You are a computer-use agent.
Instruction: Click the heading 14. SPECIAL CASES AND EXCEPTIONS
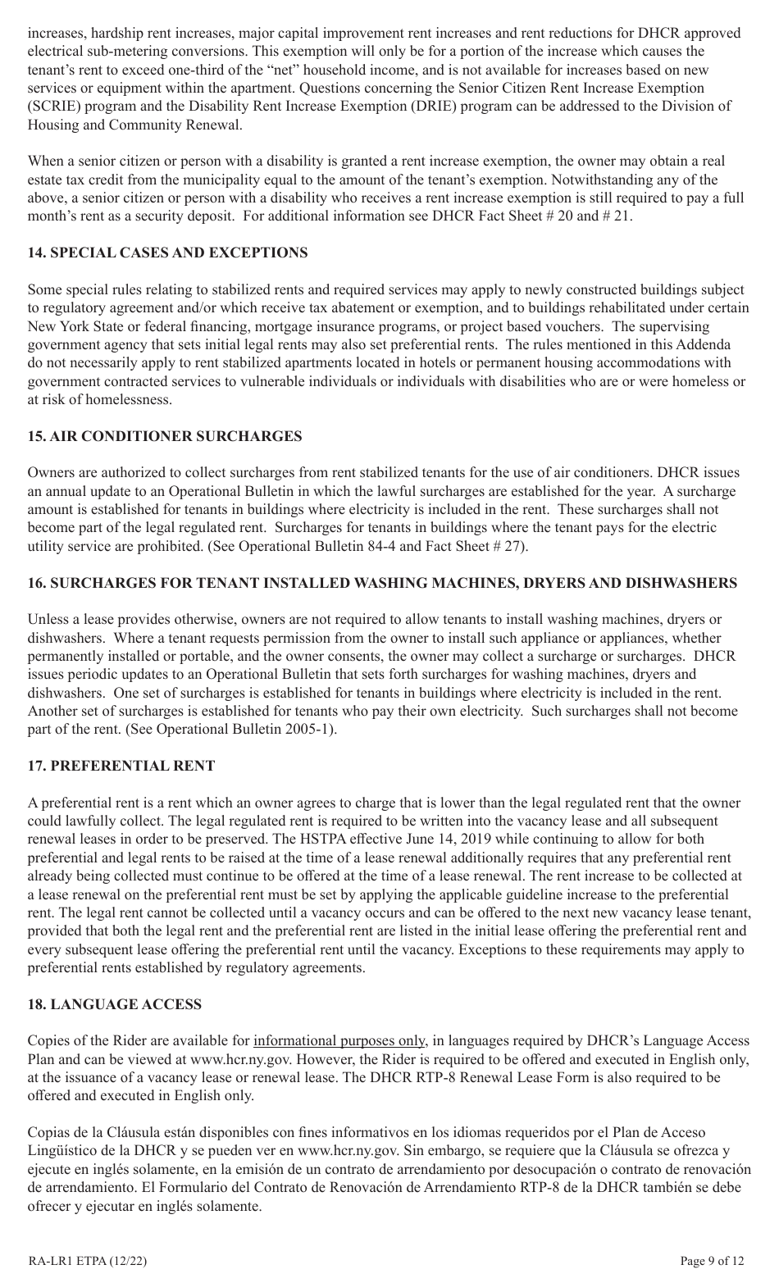[x=167, y=253]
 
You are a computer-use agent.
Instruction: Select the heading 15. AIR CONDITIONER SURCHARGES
[x=164, y=437]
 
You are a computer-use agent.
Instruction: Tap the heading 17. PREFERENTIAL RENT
[x=121, y=767]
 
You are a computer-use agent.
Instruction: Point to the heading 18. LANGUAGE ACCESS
[x=114, y=1004]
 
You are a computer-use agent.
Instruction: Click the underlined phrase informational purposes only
[x=339, y=1041]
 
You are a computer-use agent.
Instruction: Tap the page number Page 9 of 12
[x=713, y=1261]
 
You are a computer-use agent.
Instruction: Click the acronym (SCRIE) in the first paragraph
[x=53, y=107]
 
